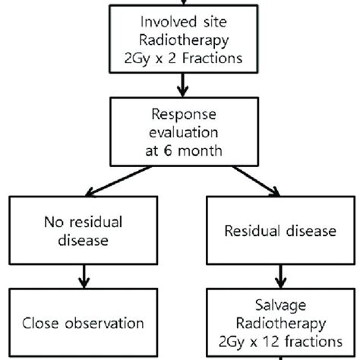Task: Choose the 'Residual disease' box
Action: [281, 232]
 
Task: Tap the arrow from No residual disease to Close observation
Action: [81, 276]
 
